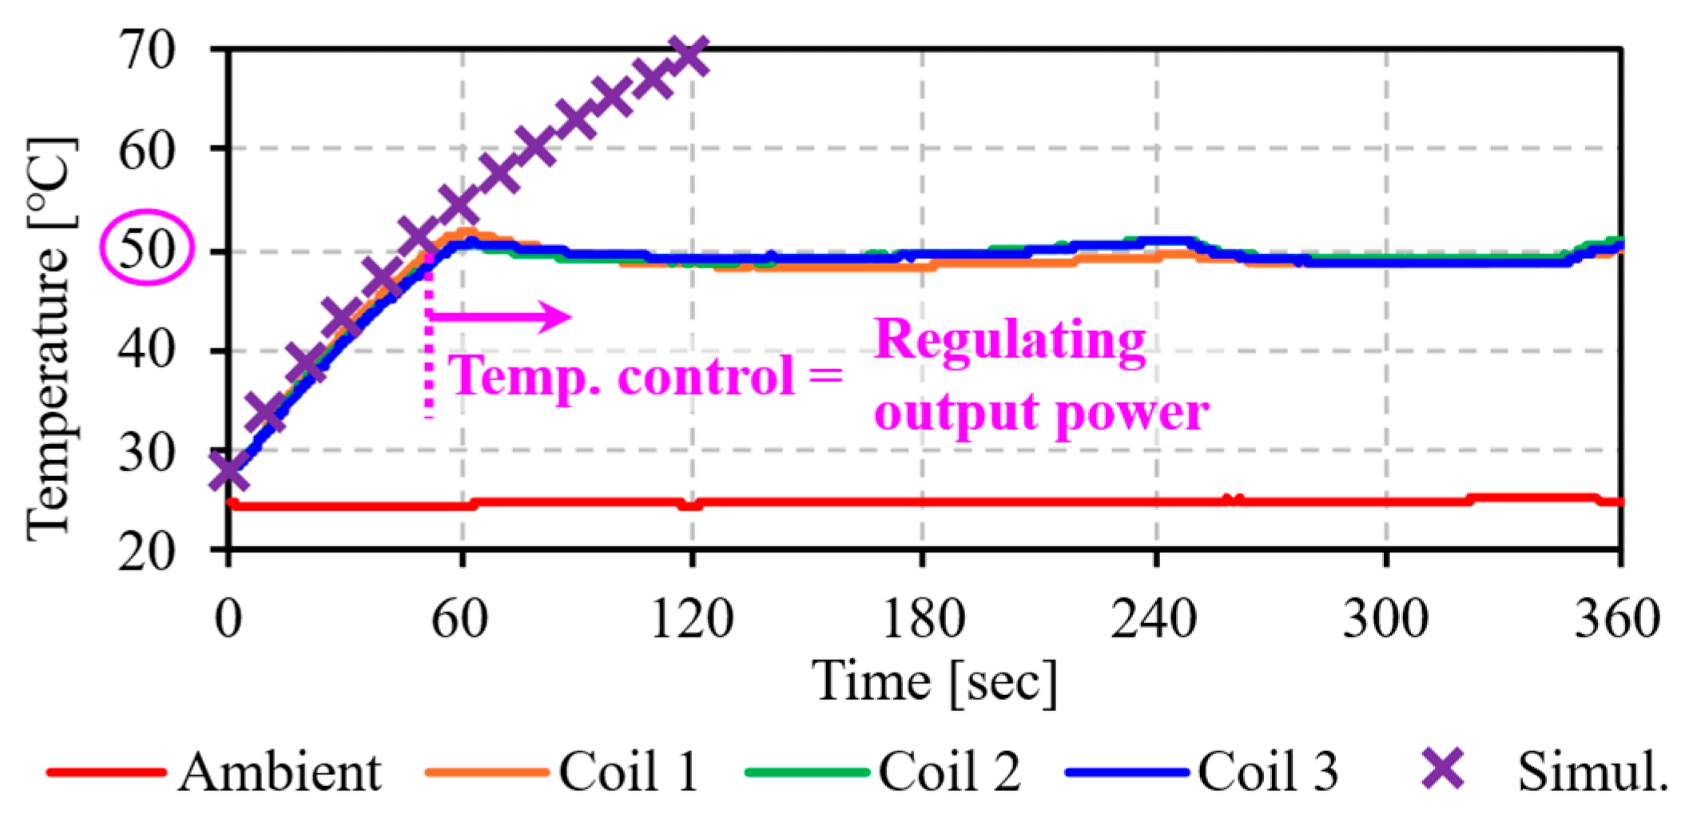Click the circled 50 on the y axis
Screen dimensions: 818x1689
click(x=146, y=248)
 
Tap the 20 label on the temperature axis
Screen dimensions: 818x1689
click(x=146, y=551)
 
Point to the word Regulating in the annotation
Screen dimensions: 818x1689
click(x=1010, y=340)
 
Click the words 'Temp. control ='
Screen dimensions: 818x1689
click(x=646, y=375)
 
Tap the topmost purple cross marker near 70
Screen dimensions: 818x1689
click(x=687, y=56)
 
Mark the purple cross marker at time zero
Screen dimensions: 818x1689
click(x=229, y=471)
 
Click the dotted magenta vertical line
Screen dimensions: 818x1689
click(x=429, y=343)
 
